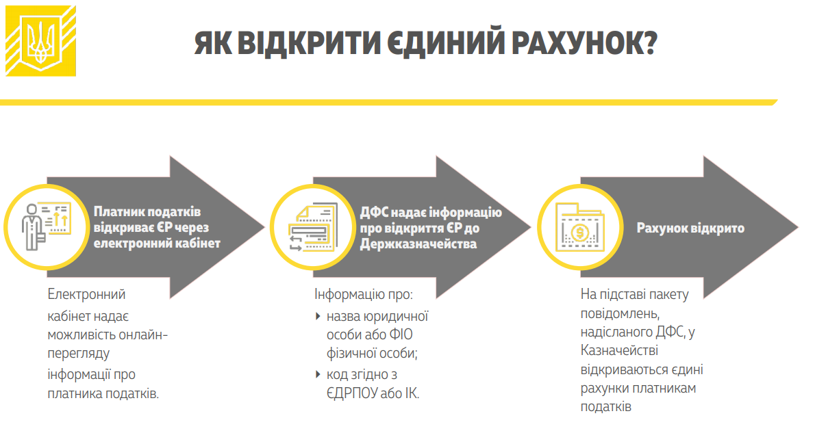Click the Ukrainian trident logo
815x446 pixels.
[x=40, y=40]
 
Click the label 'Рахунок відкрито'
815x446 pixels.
[x=690, y=228]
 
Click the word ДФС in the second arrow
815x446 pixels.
[x=375, y=213]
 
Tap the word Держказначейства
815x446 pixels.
[x=418, y=244]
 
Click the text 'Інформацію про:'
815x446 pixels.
[x=364, y=295]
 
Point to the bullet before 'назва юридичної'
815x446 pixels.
[x=318, y=316]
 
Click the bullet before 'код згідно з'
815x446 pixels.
[x=318, y=374]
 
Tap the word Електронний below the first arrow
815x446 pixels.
[x=87, y=295]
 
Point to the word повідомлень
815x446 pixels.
[x=619, y=313]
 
